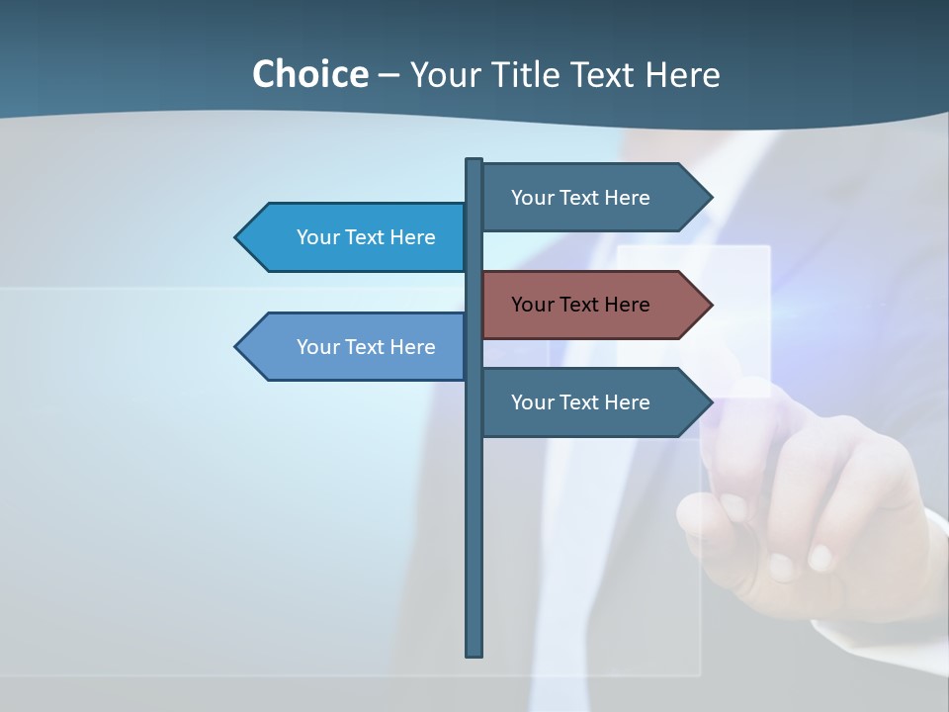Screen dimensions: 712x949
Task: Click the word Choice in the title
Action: (309, 74)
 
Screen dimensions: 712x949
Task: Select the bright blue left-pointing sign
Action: (356, 237)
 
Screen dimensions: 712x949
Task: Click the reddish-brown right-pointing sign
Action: (588, 305)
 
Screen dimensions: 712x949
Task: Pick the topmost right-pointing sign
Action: (588, 198)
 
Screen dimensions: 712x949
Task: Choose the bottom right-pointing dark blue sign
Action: (588, 402)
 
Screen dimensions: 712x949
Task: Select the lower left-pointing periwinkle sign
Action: (356, 347)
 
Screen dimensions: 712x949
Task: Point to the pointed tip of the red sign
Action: (710, 305)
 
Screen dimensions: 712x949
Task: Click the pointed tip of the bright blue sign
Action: (237, 237)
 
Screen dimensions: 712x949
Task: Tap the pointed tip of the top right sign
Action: (710, 198)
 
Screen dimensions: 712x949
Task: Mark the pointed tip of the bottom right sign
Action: (710, 402)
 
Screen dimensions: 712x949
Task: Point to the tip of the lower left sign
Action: (237, 347)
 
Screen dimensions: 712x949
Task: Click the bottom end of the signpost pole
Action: (474, 653)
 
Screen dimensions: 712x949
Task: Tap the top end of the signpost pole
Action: (474, 161)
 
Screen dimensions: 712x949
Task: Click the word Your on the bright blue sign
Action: (317, 237)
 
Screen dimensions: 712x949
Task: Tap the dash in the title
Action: (388, 74)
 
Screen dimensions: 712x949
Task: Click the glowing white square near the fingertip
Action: (693, 320)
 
